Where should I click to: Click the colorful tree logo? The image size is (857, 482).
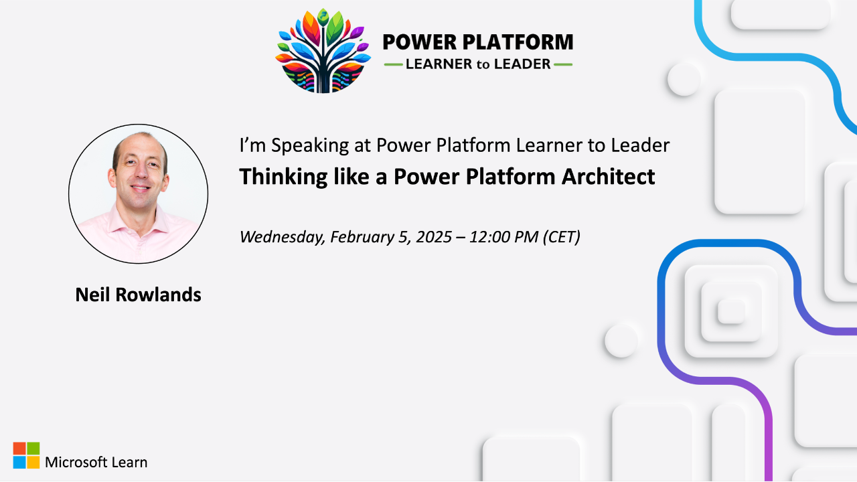323,51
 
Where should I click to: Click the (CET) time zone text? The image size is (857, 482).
562,236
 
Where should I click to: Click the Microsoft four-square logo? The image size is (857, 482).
26,455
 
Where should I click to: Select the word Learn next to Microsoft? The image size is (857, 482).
131,462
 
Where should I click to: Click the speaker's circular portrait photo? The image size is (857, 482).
138,193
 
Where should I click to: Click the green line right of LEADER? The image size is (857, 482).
564,65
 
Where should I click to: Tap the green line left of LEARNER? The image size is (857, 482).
392,65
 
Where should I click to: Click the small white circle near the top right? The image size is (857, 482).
684,79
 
